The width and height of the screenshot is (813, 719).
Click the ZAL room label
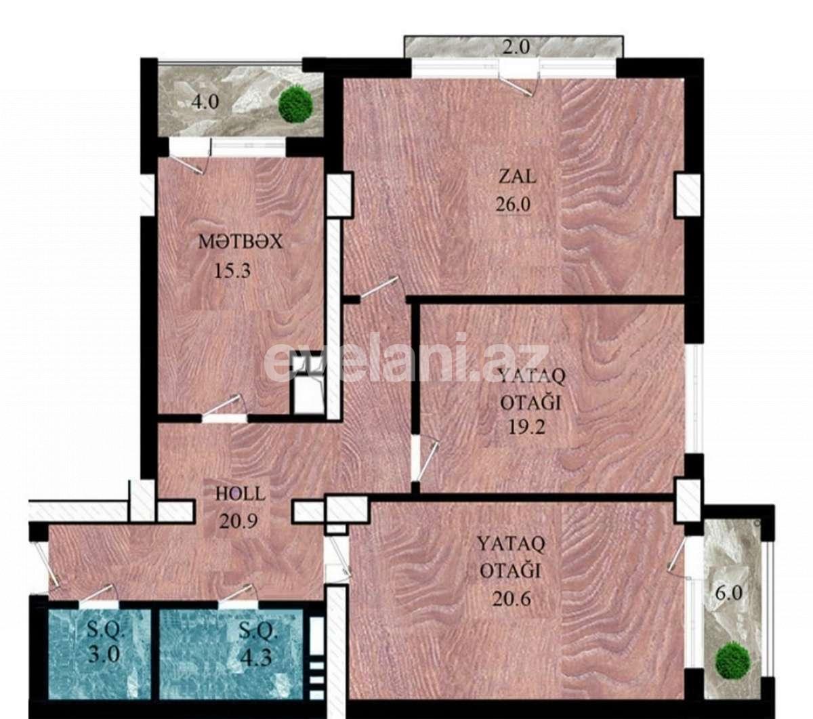(x=518, y=177)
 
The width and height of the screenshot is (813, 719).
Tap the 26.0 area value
(x=513, y=204)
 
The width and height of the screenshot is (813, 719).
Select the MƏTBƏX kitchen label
(x=240, y=242)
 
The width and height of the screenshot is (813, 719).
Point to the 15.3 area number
(x=232, y=272)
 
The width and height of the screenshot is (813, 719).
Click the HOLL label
(x=241, y=493)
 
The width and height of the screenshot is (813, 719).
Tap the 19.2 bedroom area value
(x=527, y=427)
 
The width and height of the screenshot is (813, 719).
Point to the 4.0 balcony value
(x=205, y=103)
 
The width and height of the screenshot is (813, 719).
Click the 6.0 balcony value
(x=729, y=592)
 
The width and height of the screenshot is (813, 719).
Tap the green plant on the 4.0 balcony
(x=296, y=104)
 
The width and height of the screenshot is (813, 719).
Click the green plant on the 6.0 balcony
(x=733, y=660)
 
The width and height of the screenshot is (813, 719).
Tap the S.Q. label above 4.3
(x=258, y=632)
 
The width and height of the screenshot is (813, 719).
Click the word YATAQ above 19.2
(x=531, y=375)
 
